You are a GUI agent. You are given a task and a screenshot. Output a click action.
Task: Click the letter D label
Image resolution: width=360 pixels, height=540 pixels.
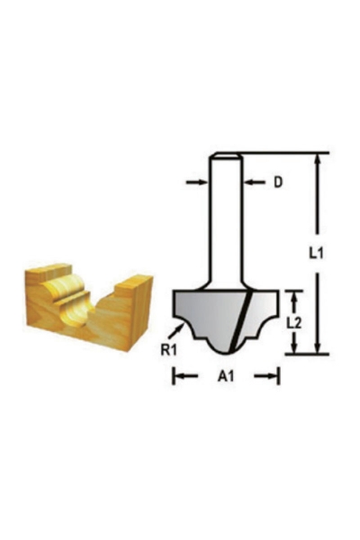click(x=278, y=183)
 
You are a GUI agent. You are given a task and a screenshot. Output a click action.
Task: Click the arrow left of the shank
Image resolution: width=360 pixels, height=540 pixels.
click(x=195, y=183)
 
